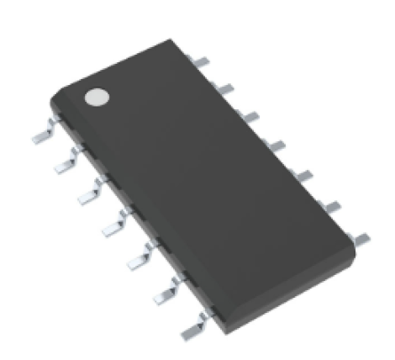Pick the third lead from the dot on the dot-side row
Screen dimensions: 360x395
pyautogui.click(x=88, y=194)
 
